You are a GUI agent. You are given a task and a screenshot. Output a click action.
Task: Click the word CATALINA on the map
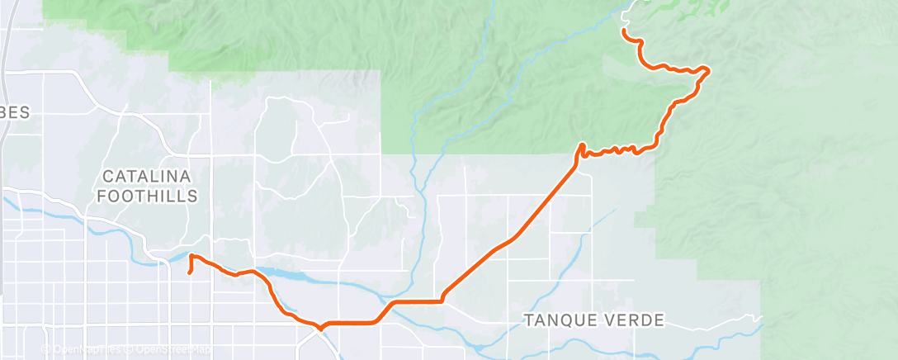(x=148, y=177)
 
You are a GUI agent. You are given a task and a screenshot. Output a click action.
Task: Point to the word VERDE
(x=635, y=320)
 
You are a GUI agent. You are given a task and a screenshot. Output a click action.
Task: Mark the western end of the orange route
(x=190, y=272)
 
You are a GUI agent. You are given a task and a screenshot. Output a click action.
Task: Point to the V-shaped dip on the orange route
(x=319, y=328)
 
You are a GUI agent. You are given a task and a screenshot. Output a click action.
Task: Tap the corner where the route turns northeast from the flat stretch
(x=443, y=300)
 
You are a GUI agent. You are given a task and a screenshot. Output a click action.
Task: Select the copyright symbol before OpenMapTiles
(x=46, y=350)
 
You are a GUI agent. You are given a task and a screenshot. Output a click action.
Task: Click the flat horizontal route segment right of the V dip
(x=351, y=321)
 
